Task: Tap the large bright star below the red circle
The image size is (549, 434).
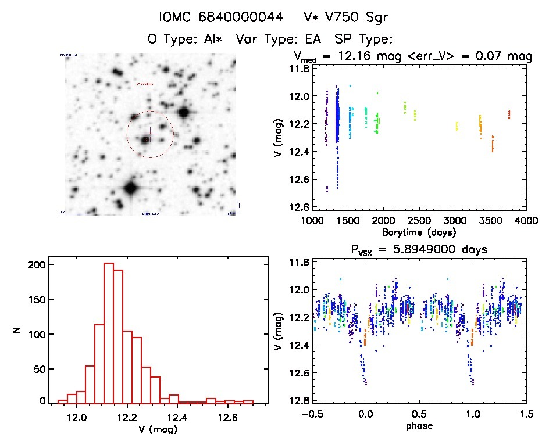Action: click(x=130, y=188)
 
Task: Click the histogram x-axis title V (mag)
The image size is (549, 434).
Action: click(x=158, y=429)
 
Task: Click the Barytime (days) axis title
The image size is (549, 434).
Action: click(x=419, y=232)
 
